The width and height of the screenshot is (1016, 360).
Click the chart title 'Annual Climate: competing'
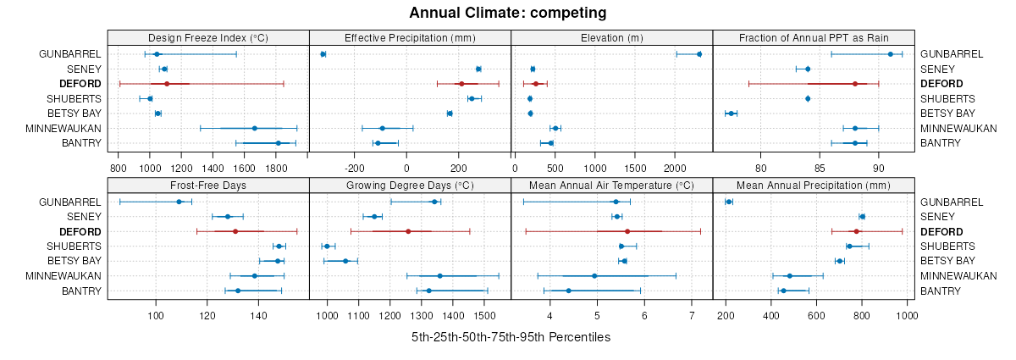(x=507, y=13)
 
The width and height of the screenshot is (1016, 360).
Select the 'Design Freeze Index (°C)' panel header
(x=208, y=37)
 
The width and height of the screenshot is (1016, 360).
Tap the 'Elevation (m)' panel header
(x=612, y=37)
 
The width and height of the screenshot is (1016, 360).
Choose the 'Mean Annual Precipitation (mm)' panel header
(x=814, y=186)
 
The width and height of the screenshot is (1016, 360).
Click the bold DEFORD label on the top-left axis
(x=80, y=84)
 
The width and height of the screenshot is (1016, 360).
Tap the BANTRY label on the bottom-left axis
(x=82, y=291)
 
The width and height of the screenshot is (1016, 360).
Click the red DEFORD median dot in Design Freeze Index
(x=167, y=84)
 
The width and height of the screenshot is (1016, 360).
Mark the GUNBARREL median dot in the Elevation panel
(x=698, y=54)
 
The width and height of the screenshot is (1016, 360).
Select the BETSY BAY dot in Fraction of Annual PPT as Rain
(x=731, y=114)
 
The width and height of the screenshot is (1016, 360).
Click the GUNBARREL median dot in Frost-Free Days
(x=179, y=202)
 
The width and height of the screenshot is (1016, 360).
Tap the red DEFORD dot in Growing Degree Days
(x=408, y=231)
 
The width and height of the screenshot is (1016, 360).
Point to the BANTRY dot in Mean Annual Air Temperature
(x=569, y=291)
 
